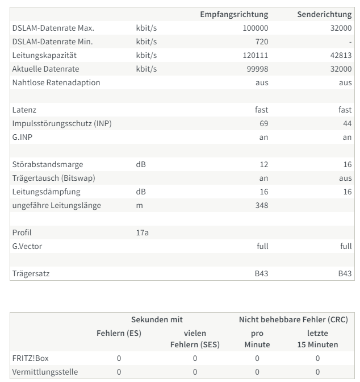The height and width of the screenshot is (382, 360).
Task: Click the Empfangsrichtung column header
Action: pos(234,14)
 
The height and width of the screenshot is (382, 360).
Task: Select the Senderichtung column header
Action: pos(324,14)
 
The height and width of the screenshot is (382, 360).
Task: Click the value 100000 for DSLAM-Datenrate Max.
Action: pos(256,28)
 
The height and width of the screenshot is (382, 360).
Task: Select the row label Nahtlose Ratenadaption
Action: pos(56,82)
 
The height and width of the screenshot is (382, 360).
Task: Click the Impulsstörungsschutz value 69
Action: pos(263,123)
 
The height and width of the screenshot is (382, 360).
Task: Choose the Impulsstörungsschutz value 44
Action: pos(346,123)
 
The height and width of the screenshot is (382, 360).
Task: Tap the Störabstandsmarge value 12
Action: pos(263,164)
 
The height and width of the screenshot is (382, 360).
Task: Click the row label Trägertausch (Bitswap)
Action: pos(53,178)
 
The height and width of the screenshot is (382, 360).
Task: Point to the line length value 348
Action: pos(261,205)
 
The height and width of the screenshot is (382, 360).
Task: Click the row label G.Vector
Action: pos(27,246)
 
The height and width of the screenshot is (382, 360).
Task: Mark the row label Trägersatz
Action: pos(30,273)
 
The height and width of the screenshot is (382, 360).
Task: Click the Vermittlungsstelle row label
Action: pos(44,372)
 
